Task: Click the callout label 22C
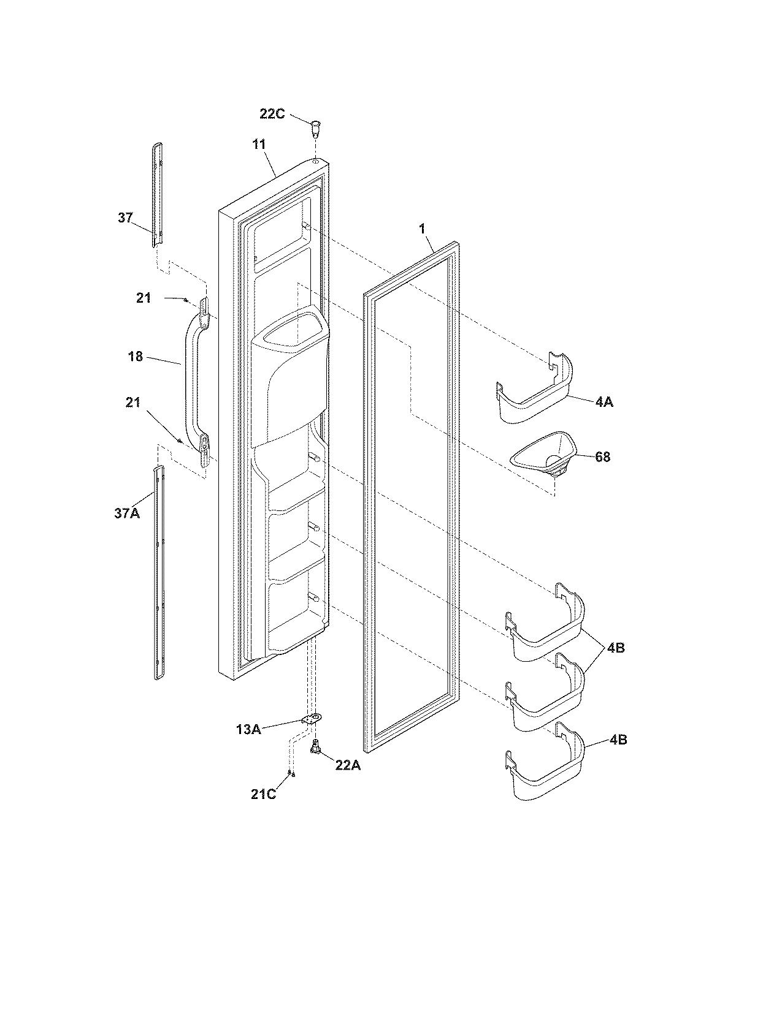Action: pyautogui.click(x=272, y=114)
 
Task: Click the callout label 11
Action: pyautogui.click(x=259, y=145)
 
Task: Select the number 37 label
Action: pyautogui.click(x=125, y=218)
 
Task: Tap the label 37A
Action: pyautogui.click(x=126, y=513)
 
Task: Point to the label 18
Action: pyautogui.click(x=136, y=357)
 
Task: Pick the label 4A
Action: pyautogui.click(x=604, y=402)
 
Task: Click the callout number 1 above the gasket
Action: pyautogui.click(x=422, y=229)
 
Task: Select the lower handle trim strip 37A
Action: pyautogui.click(x=159, y=573)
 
